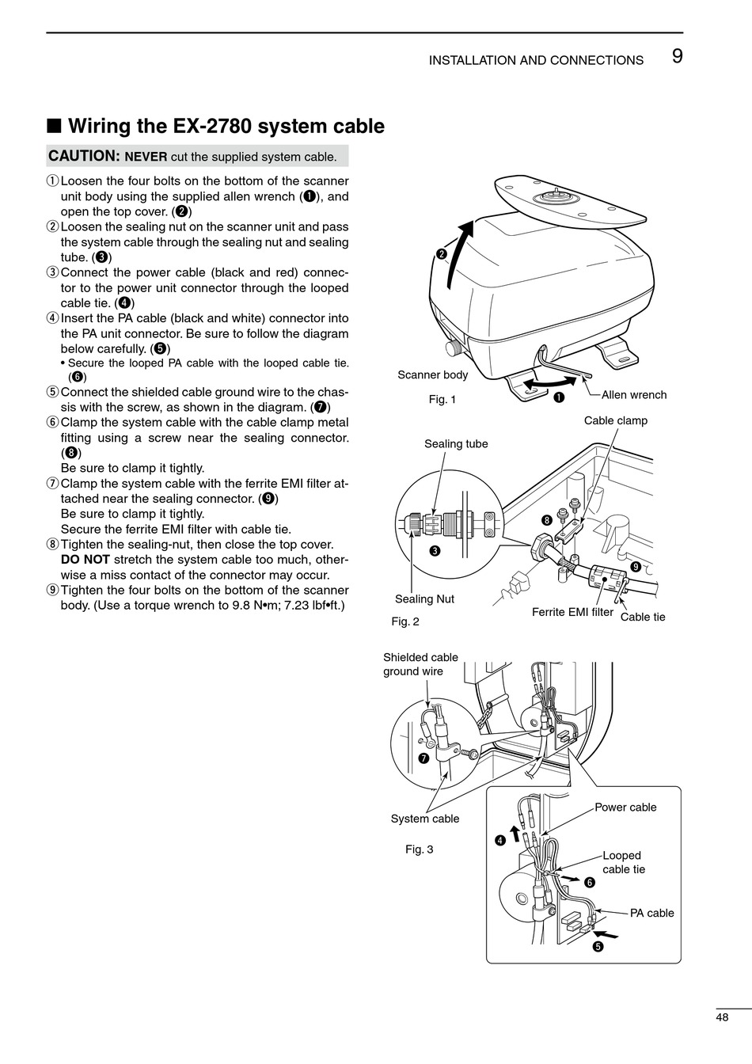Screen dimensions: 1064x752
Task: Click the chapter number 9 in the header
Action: pyautogui.click(x=677, y=56)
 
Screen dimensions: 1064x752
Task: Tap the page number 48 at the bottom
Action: pyautogui.click(x=722, y=1018)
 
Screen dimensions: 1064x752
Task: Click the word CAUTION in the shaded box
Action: pyautogui.click(x=82, y=156)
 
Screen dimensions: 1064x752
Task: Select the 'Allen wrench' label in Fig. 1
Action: pyautogui.click(x=633, y=395)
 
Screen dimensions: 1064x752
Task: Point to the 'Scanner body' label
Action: pyautogui.click(x=432, y=375)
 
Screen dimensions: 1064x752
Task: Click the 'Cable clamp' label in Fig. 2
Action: pyautogui.click(x=615, y=420)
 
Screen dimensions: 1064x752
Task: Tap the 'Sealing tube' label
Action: pyautogui.click(x=456, y=443)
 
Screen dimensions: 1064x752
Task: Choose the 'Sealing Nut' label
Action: pyautogui.click(x=424, y=599)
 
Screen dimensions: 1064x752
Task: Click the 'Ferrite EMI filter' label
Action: pyautogui.click(x=572, y=612)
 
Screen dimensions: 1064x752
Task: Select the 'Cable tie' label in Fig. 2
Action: pyautogui.click(x=643, y=617)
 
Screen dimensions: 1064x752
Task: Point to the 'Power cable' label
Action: pyautogui.click(x=625, y=807)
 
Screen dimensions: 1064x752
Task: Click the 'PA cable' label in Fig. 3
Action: pyautogui.click(x=651, y=913)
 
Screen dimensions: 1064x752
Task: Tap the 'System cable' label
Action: pyautogui.click(x=424, y=819)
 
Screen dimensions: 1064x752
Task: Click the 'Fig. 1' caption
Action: pyautogui.click(x=442, y=400)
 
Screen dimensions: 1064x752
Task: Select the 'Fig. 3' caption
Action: pyautogui.click(x=419, y=849)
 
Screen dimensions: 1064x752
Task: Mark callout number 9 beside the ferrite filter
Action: pyautogui.click(x=635, y=567)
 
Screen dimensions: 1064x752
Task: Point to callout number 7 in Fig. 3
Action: pyautogui.click(x=423, y=758)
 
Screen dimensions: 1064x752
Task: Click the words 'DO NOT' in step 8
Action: pyautogui.click(x=85, y=560)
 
